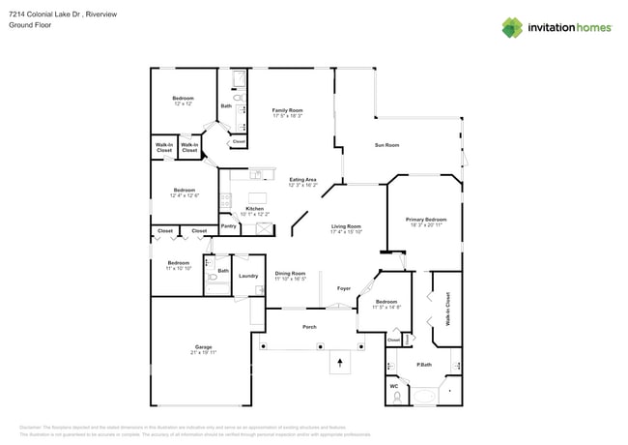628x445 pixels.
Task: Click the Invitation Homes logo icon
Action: click(x=512, y=27)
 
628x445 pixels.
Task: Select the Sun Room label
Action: click(x=386, y=145)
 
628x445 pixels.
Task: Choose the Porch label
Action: click(x=310, y=327)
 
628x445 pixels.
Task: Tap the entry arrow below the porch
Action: click(x=339, y=363)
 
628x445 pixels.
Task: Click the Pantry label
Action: click(x=229, y=226)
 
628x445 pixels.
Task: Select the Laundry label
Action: click(x=248, y=276)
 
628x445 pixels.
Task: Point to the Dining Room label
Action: click(x=290, y=274)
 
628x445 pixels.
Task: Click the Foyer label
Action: click(x=343, y=288)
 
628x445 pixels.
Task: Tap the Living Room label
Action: click(x=346, y=227)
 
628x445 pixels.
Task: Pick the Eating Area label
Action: click(x=303, y=180)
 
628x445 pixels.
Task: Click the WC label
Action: click(x=394, y=388)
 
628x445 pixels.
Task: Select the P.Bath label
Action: click(x=423, y=365)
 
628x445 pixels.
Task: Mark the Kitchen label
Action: click(x=254, y=209)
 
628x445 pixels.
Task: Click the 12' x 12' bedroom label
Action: click(x=183, y=100)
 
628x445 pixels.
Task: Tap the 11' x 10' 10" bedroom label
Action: click(x=178, y=264)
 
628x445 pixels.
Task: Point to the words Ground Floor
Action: click(x=29, y=26)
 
